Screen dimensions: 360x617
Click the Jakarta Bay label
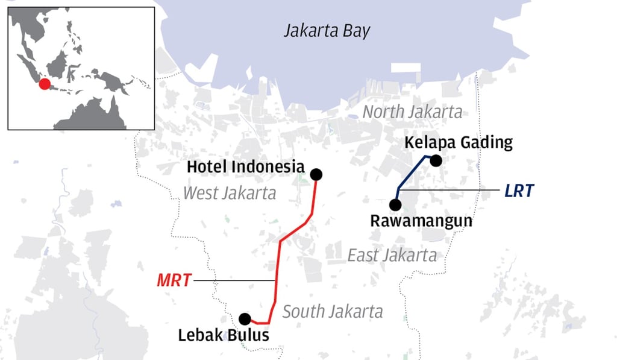point(327,31)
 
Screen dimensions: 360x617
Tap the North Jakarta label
point(413,112)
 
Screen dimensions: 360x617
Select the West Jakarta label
point(230,193)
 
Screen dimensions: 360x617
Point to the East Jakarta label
point(392,255)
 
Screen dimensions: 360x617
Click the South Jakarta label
point(333,312)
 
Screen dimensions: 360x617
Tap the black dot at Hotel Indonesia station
point(316,174)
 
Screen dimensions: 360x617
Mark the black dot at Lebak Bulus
point(245,318)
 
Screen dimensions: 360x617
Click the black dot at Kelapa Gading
point(436,160)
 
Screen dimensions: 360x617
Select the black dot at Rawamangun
point(396,204)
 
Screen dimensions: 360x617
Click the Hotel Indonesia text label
point(245,167)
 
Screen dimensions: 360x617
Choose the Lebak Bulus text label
point(224,335)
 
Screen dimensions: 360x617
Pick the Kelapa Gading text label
point(459,143)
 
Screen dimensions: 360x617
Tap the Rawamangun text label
point(421,221)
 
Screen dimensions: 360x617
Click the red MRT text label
point(174,280)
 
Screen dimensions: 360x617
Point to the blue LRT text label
point(519,191)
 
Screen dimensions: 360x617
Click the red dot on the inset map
point(45,84)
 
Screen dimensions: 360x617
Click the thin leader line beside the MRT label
point(235,280)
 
